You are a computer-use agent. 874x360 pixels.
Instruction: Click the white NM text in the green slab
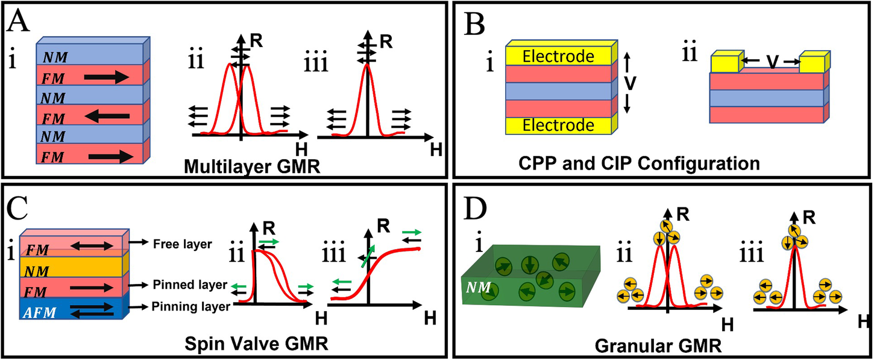click(x=476, y=282)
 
